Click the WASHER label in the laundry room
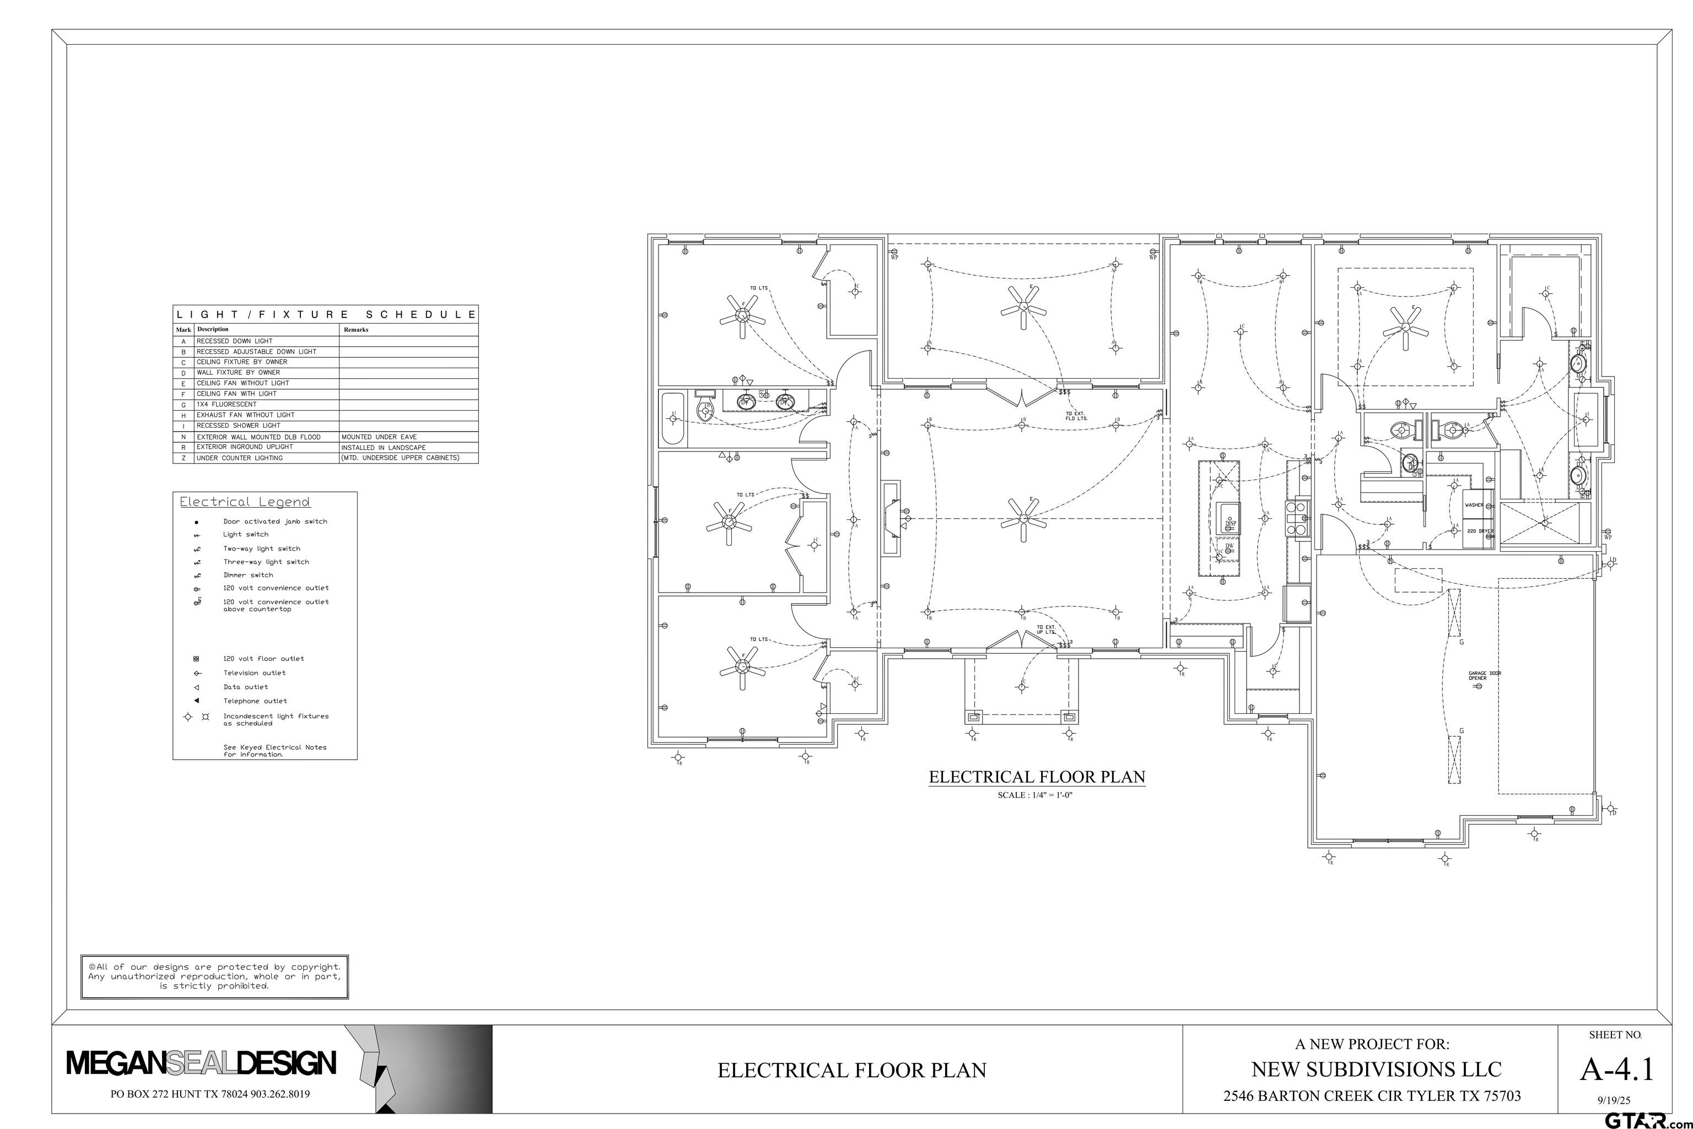click(x=1474, y=505)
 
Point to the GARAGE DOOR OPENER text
click(x=1484, y=675)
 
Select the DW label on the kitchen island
click(x=1230, y=545)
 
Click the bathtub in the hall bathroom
click(x=675, y=419)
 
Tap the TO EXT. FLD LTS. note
click(x=1076, y=416)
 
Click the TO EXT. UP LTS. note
click(x=1046, y=630)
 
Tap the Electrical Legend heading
click(x=245, y=502)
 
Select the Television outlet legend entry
click(x=254, y=673)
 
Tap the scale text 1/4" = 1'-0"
click(x=1037, y=795)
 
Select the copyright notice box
click(x=214, y=976)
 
